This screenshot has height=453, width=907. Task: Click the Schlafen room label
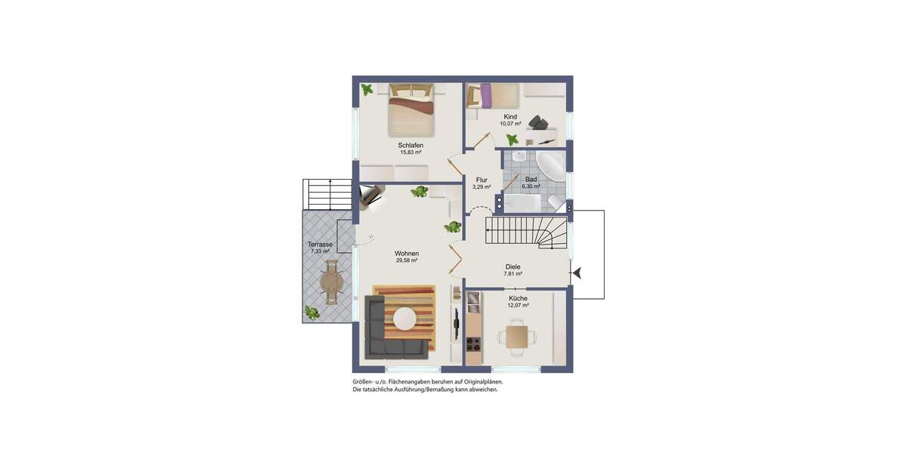pos(410,145)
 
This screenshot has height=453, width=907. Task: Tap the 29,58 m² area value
pos(407,260)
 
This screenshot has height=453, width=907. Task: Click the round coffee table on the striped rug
pos(404,319)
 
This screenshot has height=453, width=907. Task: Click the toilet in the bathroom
pos(557,202)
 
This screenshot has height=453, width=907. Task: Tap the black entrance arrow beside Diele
pos(576,273)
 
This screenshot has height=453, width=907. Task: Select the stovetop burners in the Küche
pos(473,344)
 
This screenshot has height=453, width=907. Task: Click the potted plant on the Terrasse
pos(311,311)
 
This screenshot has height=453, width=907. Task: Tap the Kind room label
pos(510,117)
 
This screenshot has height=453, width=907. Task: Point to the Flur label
pos(481,180)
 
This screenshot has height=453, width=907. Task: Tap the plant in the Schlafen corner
pos(367,90)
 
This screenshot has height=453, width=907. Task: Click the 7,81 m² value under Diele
pos(513,274)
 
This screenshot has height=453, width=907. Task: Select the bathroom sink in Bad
pos(519,156)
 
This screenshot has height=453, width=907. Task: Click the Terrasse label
pos(320,245)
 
